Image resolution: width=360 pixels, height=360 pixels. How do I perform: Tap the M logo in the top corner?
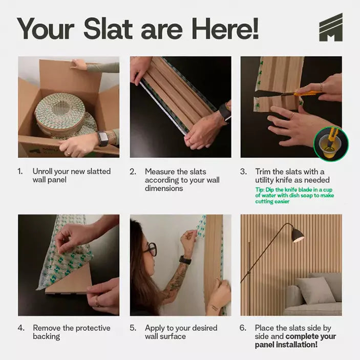tap(330, 28)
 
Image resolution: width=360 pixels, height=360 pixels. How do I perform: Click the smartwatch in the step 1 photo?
tap(103, 138)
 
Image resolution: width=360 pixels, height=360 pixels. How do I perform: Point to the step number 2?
tap(133, 172)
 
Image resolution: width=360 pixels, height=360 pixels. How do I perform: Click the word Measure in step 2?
tap(160, 172)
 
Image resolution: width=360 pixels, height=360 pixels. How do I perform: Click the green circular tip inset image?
tap(331, 144)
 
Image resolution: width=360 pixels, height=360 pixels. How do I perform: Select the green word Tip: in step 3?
tap(261, 189)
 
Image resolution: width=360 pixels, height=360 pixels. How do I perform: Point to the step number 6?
tap(243, 328)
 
